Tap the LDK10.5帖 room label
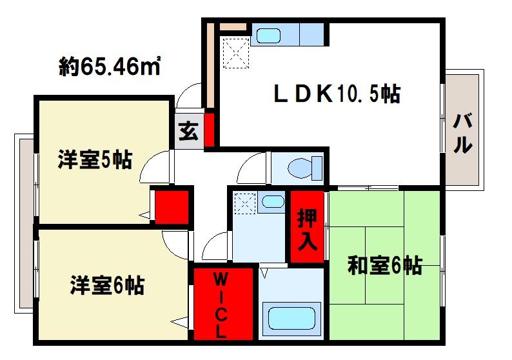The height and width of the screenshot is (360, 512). click(x=335, y=95)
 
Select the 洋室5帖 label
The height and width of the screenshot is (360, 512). click(x=95, y=159)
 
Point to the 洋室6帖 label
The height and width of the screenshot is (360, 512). click(x=107, y=285)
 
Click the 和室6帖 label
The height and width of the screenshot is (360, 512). click(x=384, y=265)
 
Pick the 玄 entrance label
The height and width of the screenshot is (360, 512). click(x=188, y=132)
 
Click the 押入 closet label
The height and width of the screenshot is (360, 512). click(x=307, y=228)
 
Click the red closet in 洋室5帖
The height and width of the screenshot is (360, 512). click(x=171, y=206)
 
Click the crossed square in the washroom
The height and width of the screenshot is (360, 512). click(x=244, y=203)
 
